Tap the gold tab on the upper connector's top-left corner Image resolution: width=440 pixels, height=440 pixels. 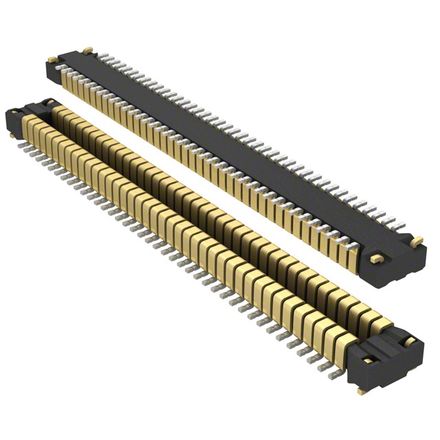pos(87,50)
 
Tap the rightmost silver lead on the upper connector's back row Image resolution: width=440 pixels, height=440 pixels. pos(400,226)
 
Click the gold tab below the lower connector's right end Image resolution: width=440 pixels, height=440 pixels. pos(362,391)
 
